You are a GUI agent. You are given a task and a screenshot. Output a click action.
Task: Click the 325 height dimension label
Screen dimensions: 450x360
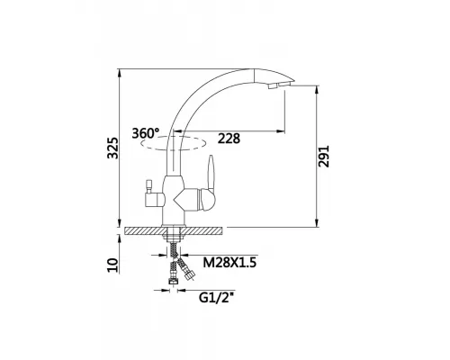coord(112,148)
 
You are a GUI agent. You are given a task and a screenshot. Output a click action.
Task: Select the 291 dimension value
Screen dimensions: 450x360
coord(324,157)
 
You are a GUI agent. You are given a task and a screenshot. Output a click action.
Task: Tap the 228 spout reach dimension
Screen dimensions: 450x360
coord(229,139)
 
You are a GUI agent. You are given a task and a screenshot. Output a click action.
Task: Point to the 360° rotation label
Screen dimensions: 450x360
coord(146,133)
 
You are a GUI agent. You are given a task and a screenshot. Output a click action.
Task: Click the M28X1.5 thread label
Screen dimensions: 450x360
coord(229,263)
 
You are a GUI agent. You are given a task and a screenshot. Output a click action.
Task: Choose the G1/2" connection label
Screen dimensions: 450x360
coord(216,298)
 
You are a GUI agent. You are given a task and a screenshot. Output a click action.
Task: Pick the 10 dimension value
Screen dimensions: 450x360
coord(112,265)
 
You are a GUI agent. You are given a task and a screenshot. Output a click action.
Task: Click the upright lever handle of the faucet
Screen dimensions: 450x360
coord(211,174)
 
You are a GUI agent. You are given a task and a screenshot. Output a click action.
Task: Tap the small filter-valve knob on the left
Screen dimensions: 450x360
coord(149,186)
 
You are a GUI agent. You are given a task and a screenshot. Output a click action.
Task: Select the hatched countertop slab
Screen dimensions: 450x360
coord(174,230)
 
